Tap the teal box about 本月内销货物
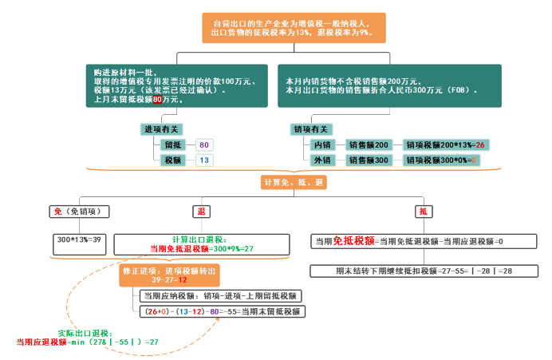[x=388, y=85]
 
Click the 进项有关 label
[x=160, y=129]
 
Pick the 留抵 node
[x=174, y=145]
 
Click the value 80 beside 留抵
[x=204, y=145]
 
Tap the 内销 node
[x=322, y=145]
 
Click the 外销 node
[x=322, y=160]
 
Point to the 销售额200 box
[x=369, y=145]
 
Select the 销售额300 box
[x=369, y=160]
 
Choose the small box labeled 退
[x=200, y=212]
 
